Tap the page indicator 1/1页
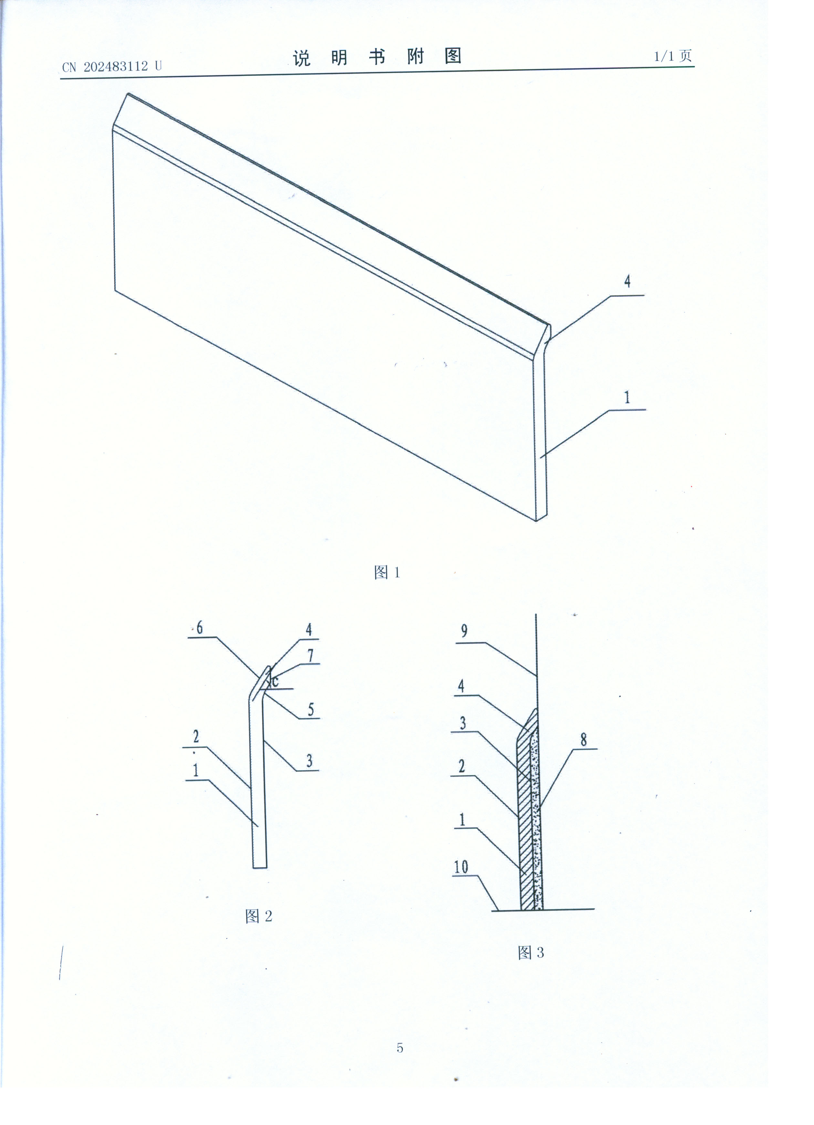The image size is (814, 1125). click(673, 56)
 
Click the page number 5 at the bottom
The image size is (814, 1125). click(400, 1048)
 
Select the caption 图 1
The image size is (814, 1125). click(387, 573)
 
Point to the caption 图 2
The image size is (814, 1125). click(259, 916)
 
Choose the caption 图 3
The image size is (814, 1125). click(530, 952)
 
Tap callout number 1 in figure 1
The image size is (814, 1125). click(627, 397)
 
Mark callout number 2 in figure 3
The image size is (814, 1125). click(462, 766)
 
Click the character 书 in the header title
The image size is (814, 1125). click(377, 57)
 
